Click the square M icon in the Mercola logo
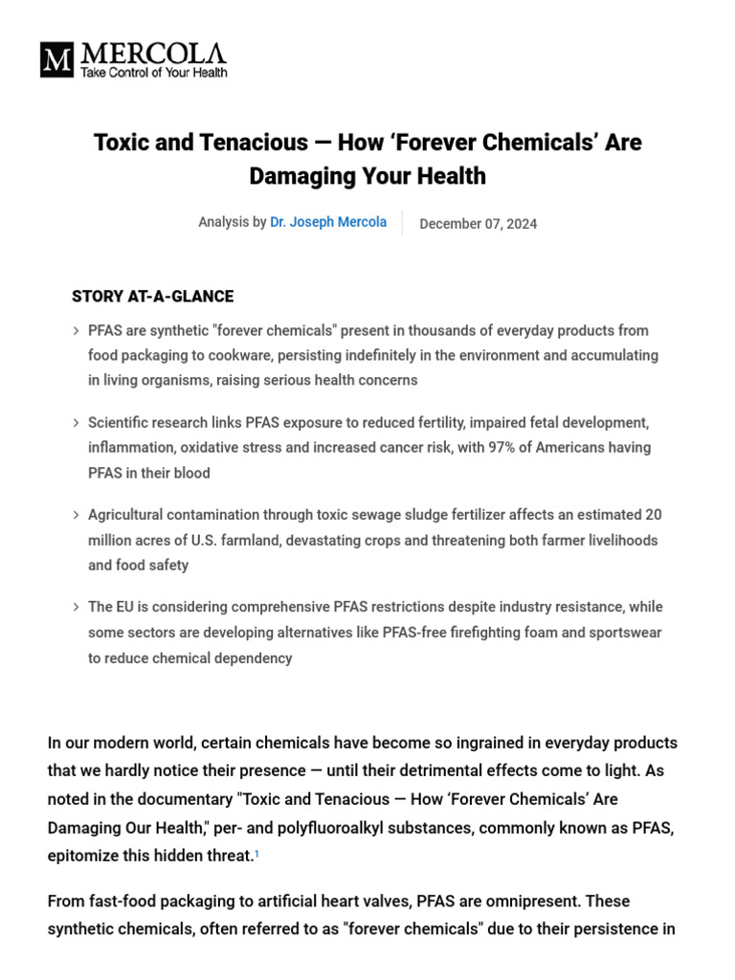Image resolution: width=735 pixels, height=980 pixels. tap(56, 60)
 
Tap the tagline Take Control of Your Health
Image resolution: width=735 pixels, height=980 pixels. tap(154, 73)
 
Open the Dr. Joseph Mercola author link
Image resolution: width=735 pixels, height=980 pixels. tap(328, 222)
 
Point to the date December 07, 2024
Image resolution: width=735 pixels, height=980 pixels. tap(479, 224)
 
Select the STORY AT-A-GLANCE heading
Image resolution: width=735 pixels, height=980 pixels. tap(152, 297)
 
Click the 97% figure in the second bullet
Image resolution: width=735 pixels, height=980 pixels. tap(503, 447)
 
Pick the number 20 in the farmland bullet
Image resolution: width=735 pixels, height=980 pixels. tap(653, 515)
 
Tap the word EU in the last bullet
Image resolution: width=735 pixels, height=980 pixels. tap(127, 607)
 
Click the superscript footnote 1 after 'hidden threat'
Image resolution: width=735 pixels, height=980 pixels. tap(256, 854)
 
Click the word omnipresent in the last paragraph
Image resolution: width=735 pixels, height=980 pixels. tap(532, 901)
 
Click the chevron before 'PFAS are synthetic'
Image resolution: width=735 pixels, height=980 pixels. tap(76, 331)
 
